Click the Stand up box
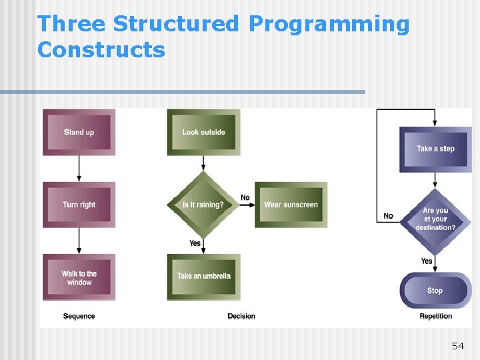79,132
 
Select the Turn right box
79,205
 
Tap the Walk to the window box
79,277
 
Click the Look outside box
203,132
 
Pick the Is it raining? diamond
203,205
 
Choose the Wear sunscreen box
291,205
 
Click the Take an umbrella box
203,276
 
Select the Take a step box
435,149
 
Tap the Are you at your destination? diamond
435,219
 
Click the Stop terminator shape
435,290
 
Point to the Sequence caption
79,316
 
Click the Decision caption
241,316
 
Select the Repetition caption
435,316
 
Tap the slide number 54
457,345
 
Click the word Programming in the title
329,24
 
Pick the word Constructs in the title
101,50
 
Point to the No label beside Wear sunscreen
245,197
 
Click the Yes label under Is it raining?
195,243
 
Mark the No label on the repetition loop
388,216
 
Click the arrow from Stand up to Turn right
79,169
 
